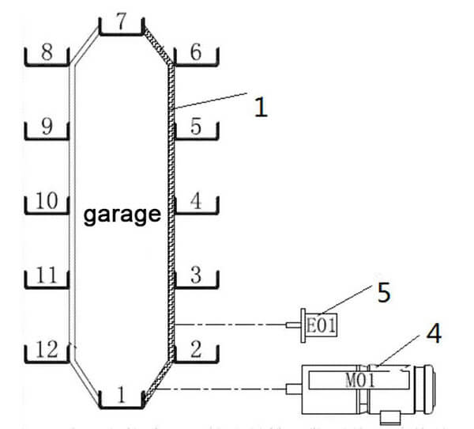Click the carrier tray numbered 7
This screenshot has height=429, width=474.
(x=121, y=34)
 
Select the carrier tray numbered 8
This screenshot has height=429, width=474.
(x=47, y=64)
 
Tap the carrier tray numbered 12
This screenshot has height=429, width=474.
(x=47, y=361)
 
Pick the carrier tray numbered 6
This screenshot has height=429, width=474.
(x=196, y=64)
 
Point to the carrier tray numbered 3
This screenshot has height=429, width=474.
(x=196, y=287)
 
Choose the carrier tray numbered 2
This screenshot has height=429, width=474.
(x=196, y=361)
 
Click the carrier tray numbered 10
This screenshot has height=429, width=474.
(x=47, y=213)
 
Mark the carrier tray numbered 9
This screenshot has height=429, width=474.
(x=47, y=139)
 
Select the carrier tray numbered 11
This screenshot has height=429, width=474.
(x=47, y=287)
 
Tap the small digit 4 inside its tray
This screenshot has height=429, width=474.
(x=196, y=200)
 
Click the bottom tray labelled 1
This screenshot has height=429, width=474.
(x=121, y=407)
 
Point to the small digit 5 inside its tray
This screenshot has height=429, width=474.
(x=196, y=127)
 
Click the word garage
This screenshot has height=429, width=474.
(x=122, y=215)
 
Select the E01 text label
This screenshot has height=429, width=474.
(x=321, y=325)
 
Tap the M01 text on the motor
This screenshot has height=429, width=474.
(x=360, y=381)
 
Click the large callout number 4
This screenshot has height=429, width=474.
(x=434, y=333)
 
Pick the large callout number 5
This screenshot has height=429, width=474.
(x=384, y=292)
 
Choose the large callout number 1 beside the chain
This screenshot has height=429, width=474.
(x=261, y=107)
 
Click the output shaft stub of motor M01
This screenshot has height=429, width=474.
(x=294, y=389)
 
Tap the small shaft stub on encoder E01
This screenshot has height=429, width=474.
(x=294, y=325)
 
